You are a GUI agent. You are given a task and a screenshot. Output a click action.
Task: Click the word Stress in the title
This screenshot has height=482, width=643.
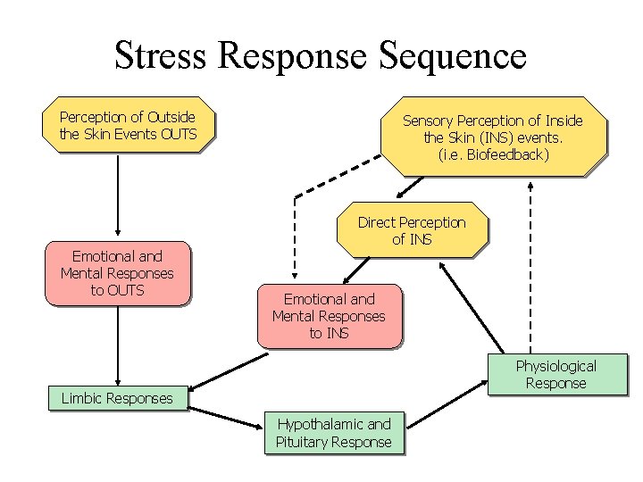click(x=162, y=56)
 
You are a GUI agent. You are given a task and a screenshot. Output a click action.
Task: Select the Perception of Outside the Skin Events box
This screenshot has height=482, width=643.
click(x=128, y=126)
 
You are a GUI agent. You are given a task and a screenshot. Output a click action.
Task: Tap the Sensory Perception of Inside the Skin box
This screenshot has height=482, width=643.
click(x=493, y=137)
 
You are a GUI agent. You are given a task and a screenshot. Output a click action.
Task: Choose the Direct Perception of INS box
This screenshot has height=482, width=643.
click(x=412, y=230)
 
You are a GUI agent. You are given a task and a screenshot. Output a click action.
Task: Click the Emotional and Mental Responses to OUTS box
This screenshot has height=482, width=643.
click(x=117, y=273)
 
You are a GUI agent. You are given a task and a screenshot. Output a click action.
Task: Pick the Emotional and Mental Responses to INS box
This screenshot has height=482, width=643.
click(x=329, y=316)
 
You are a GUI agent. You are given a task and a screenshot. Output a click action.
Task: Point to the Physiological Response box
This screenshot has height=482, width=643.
click(x=556, y=374)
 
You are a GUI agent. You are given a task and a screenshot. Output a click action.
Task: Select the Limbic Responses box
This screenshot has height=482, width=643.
click(x=117, y=398)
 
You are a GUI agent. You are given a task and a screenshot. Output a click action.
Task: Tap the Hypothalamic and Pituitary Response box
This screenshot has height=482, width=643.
click(x=333, y=433)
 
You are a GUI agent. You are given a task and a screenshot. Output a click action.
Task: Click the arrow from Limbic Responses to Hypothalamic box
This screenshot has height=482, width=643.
click(x=226, y=417)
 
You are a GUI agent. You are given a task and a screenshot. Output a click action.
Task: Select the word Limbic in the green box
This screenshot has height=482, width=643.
click(x=81, y=398)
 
